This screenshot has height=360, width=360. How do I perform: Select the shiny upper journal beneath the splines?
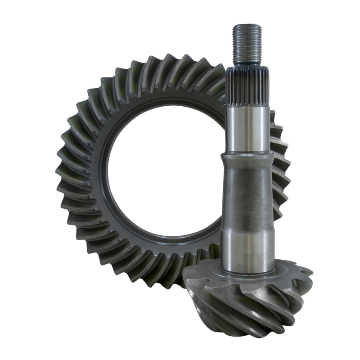pyautogui.click(x=248, y=128)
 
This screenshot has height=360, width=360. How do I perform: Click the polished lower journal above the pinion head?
pyautogui.click(x=248, y=250)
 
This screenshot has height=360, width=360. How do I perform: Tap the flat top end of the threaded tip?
pyautogui.click(x=246, y=26)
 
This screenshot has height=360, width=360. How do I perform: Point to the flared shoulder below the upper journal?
pyautogui.click(x=248, y=157)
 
